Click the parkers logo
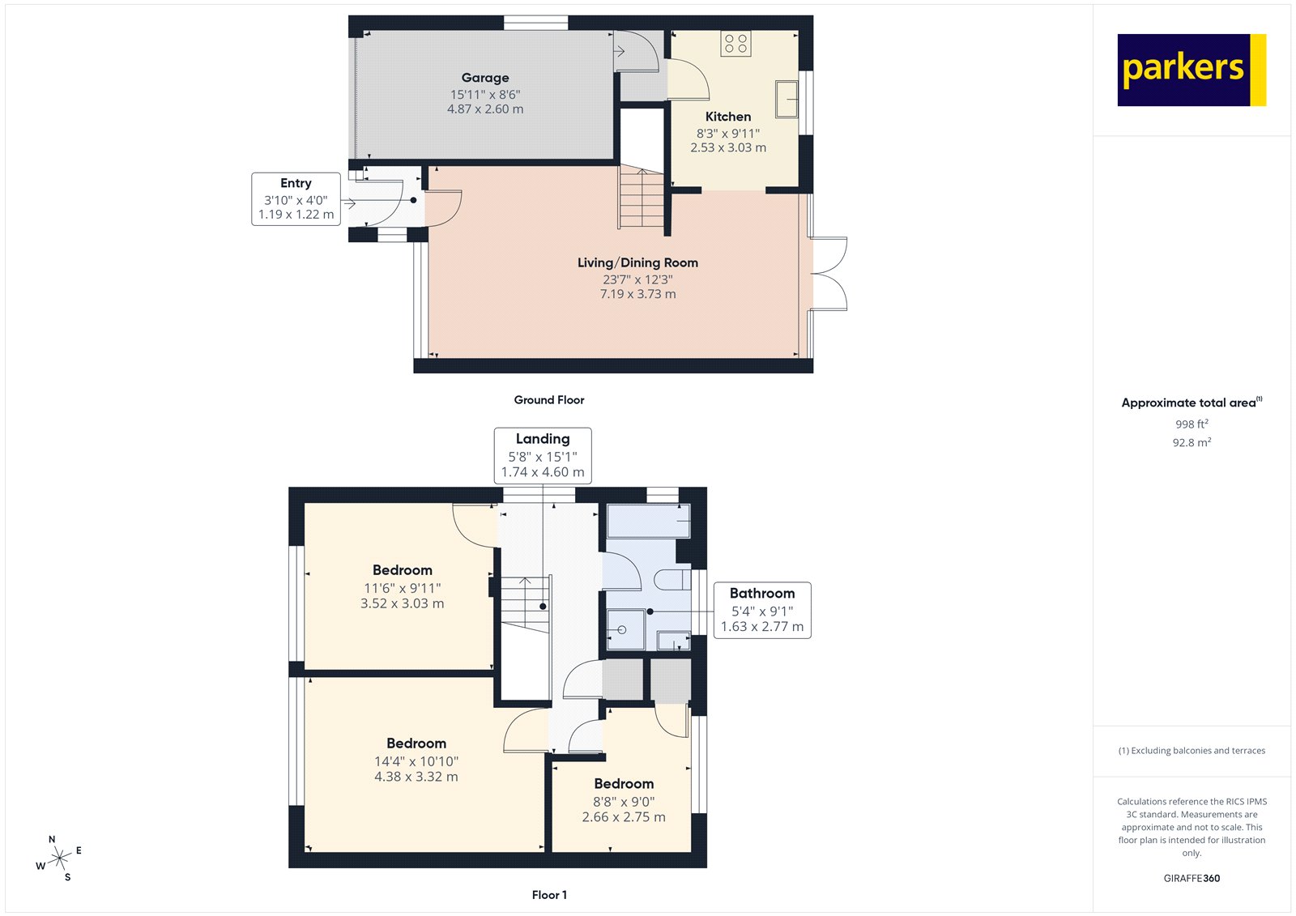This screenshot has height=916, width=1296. tap(1191, 70)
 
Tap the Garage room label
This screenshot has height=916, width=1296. tap(485, 78)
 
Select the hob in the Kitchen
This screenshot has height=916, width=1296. tap(735, 44)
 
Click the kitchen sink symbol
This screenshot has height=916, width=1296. tap(787, 99)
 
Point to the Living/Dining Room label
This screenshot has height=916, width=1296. tap(637, 262)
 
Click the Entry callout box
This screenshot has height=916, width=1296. tap(296, 198)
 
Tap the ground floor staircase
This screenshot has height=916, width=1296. tap(642, 197)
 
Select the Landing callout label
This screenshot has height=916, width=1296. tap(542, 455)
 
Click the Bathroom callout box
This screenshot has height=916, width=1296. tap(761, 610)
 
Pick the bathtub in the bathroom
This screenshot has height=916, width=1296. tap(648, 521)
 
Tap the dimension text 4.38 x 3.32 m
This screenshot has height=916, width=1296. tap(416, 777)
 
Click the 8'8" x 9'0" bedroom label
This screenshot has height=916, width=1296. tap(623, 801)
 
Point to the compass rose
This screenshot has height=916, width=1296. tap(60, 858)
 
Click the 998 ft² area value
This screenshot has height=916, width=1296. tap(1192, 424)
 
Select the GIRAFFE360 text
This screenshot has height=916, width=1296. tap(1192, 878)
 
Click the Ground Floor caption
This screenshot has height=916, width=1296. tap(548, 400)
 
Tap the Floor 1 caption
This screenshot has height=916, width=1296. tap(549, 895)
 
